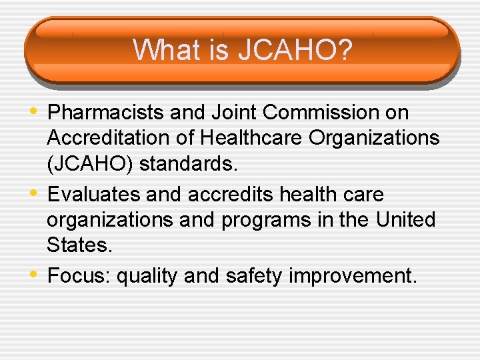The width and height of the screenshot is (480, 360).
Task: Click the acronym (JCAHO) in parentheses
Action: click(87, 164)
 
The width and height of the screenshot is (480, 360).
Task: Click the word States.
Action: click(78, 245)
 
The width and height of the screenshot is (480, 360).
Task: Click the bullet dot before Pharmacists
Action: click(35, 111)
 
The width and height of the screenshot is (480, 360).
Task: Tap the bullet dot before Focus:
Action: click(35, 273)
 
